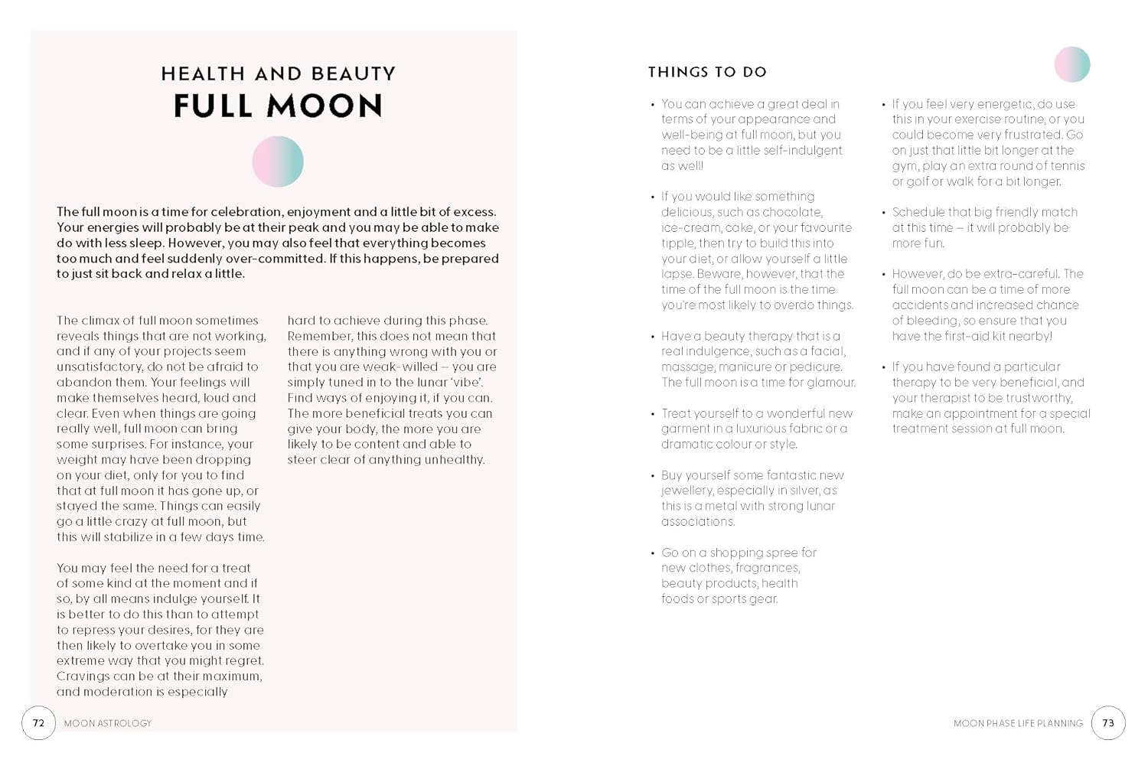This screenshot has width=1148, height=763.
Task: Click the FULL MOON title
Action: click(278, 106)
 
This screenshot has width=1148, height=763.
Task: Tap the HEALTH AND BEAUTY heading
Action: click(278, 73)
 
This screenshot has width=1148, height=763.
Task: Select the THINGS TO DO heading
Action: click(707, 72)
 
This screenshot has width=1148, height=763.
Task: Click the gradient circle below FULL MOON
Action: click(278, 161)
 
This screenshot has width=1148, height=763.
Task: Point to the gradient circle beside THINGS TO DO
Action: click(1071, 64)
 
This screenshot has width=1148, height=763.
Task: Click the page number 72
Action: click(38, 722)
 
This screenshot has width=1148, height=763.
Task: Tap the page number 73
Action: click(1107, 722)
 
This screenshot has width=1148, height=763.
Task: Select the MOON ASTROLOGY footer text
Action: click(108, 723)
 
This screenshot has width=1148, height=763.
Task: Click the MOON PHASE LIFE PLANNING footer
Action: click(1018, 723)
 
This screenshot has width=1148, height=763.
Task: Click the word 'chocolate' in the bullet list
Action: click(794, 212)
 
